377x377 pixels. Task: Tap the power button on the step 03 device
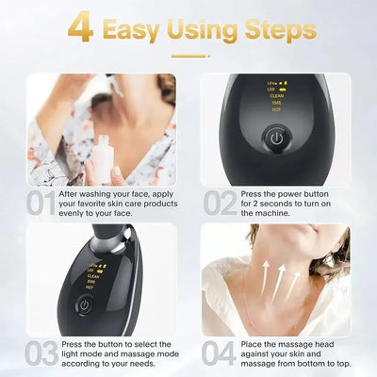coord(85,306)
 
